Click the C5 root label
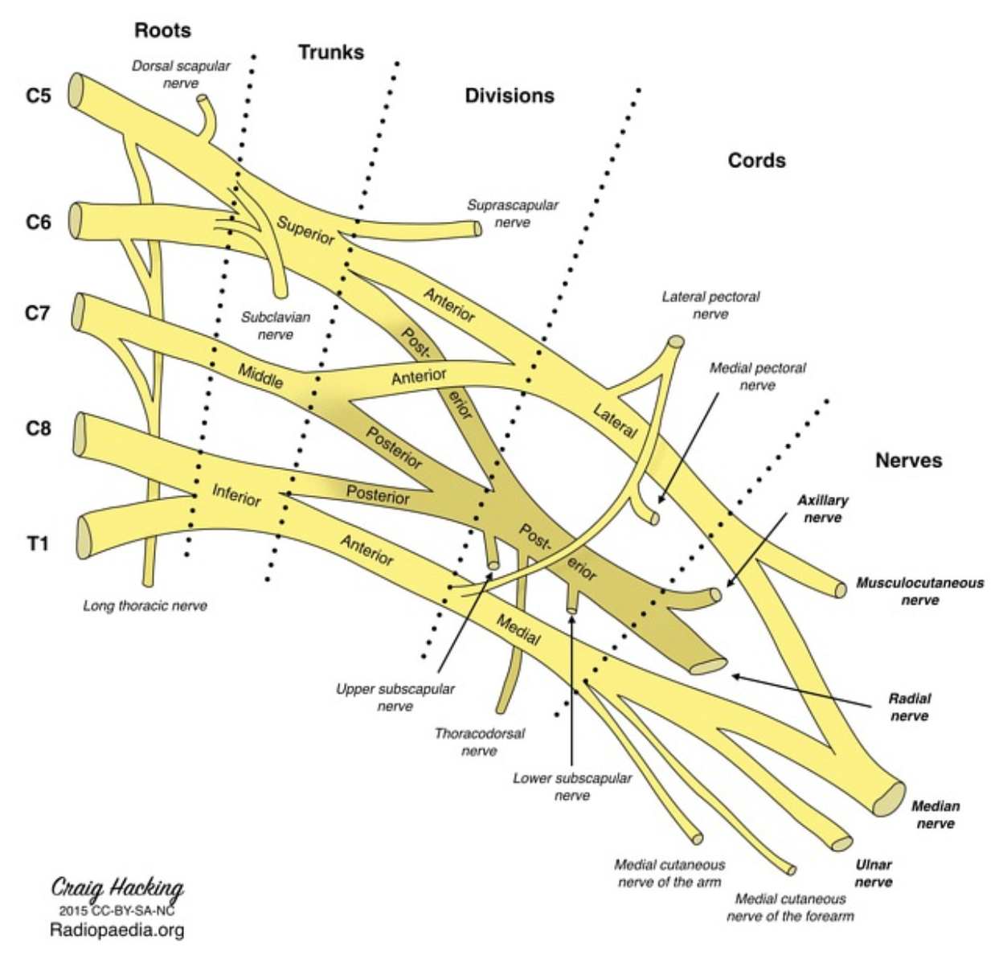pos(38,96)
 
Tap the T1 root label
pos(39,544)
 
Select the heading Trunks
pos(331,53)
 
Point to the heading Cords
pos(756,161)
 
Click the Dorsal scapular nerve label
pos(181,74)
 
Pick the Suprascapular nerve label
pos(513,213)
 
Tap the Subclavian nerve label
pos(276,326)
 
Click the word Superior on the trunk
pos(305,230)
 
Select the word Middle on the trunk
pos(260,375)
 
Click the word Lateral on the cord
pos(615,420)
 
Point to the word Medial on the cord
pos(518,631)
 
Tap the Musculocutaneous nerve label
pos(919,591)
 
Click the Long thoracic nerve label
pos(145,605)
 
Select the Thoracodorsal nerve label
pos(479,742)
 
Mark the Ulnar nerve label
pos(874,873)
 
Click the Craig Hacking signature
pos(117,888)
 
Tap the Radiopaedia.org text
pos(117,930)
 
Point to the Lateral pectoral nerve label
pos(710,305)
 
